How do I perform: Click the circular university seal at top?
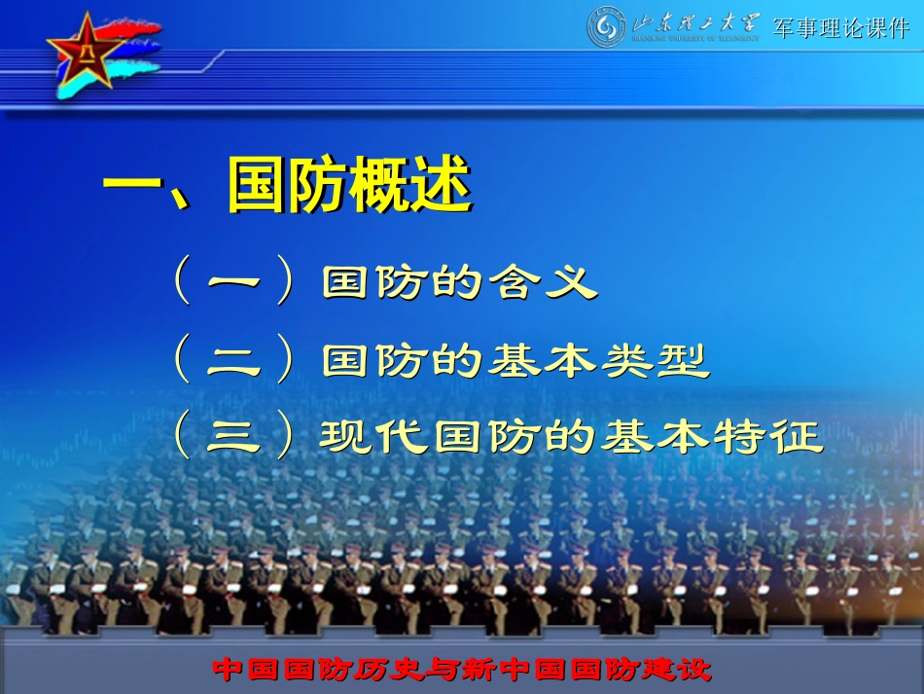tap(607, 27)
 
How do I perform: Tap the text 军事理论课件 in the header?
tap(840, 28)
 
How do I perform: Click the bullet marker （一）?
tap(233, 283)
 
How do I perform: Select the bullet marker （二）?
tap(233, 361)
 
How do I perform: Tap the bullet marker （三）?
tap(233, 437)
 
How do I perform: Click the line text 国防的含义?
tap(458, 283)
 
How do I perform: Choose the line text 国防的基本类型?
tap(515, 361)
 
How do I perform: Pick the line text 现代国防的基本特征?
tap(572, 437)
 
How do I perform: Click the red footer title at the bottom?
tap(462, 670)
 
